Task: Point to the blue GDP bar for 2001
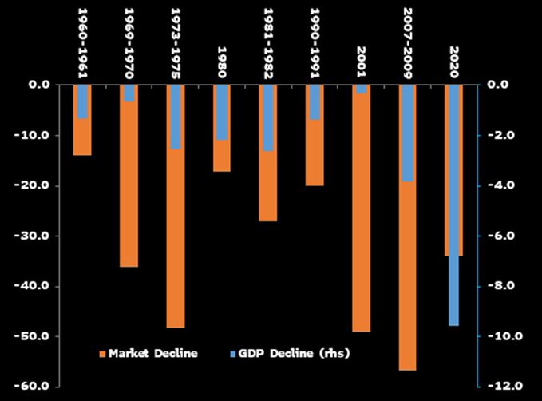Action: click(x=362, y=89)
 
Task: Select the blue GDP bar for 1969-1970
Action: click(x=129, y=93)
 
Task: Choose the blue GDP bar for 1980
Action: click(x=222, y=112)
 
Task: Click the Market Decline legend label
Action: click(x=153, y=352)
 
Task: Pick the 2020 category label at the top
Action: click(x=454, y=61)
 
